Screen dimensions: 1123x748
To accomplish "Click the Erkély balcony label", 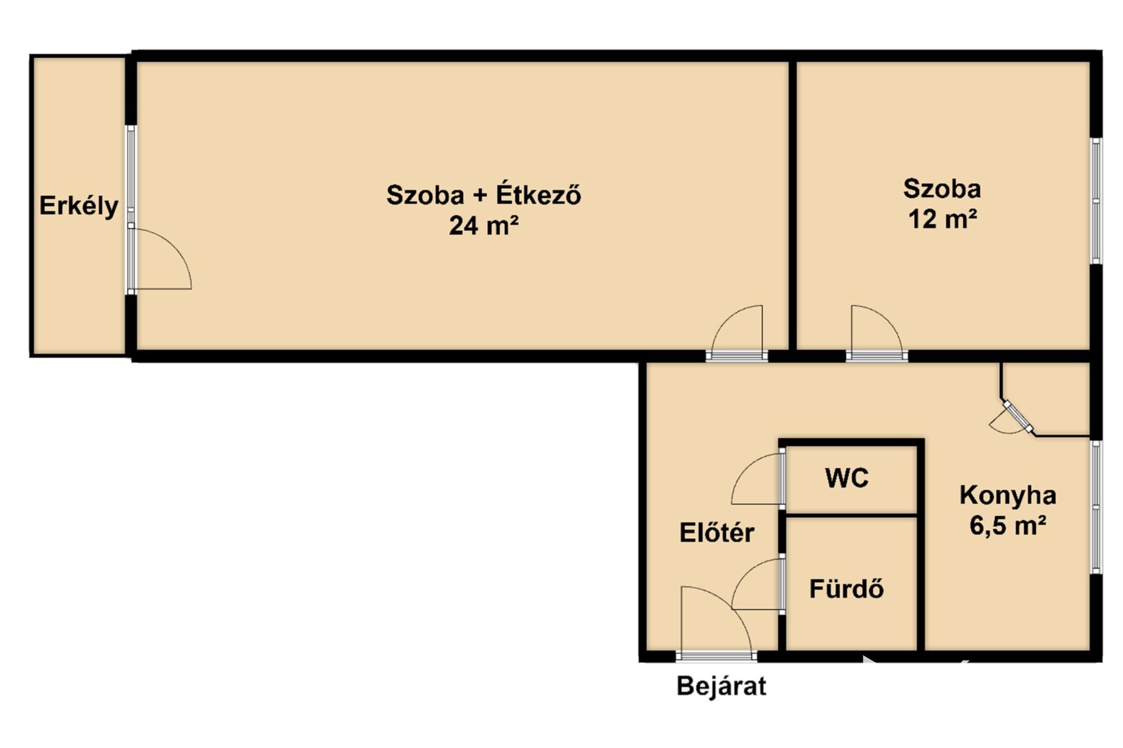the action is coord(79,206).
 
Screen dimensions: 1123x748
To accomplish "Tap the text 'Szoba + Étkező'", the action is coord(484,195).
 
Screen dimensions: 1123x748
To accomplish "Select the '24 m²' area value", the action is coord(484,226).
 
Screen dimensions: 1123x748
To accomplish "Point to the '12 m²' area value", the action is coord(942,219).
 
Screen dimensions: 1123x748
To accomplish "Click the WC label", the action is coord(847,479).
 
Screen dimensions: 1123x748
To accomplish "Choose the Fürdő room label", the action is coord(846,589).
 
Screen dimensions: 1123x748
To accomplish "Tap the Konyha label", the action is coord(1008,496).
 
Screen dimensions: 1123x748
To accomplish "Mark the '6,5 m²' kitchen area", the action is coord(1008,526).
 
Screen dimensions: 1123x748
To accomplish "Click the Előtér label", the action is coord(716,532).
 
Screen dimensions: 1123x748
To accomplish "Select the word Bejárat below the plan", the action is coord(721,686).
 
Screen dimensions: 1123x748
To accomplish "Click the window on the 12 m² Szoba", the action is coord(1096,201).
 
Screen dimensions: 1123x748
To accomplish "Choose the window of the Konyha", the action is coord(1096,507).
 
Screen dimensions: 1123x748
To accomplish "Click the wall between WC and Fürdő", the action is coord(851,515).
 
